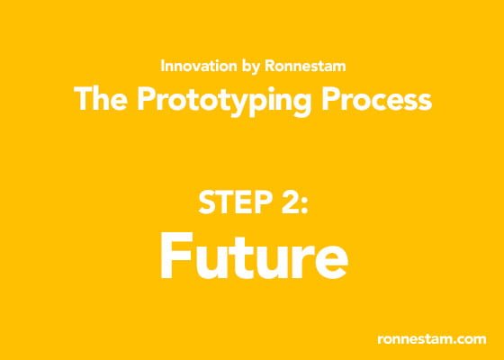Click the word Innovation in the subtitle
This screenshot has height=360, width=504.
pyautogui.click(x=199, y=66)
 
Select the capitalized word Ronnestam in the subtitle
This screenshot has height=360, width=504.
pyautogui.click(x=305, y=66)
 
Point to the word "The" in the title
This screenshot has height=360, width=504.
pyautogui.click(x=101, y=99)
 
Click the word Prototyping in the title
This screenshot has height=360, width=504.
pyautogui.click(x=224, y=102)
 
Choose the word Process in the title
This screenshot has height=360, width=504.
pyautogui.click(x=377, y=100)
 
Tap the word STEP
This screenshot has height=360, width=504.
pyautogui.click(x=235, y=202)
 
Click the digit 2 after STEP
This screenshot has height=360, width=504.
pyautogui.click(x=290, y=202)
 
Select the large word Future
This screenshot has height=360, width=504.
pyautogui.click(x=254, y=256)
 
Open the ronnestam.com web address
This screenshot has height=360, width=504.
pyautogui.click(x=432, y=339)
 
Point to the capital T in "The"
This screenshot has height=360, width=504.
pyautogui.click(x=85, y=99)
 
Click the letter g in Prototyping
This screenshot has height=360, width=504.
pyautogui.click(x=301, y=105)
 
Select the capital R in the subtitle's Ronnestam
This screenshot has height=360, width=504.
pyautogui.click(x=270, y=66)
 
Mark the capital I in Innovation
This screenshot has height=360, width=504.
pyautogui.click(x=162, y=66)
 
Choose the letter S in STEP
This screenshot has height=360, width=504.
pyautogui.click(x=207, y=202)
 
